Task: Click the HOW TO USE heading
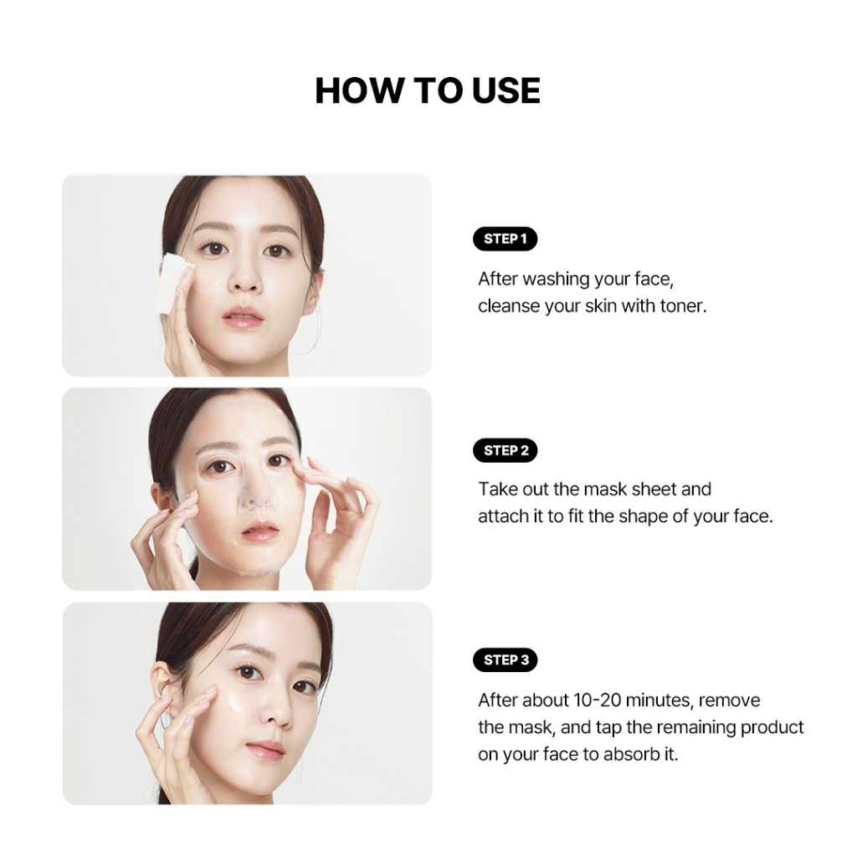coord(428,90)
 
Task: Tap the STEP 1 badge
coord(505,239)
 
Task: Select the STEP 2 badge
coord(505,450)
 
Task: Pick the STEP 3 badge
coord(505,659)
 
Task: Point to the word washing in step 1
coord(556,280)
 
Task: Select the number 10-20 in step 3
coord(598,700)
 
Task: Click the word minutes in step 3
coord(659,700)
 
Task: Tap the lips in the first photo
coord(242,316)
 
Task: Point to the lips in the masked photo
coord(259,529)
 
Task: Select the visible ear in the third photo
coord(164,690)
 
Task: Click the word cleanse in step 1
coord(509,306)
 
